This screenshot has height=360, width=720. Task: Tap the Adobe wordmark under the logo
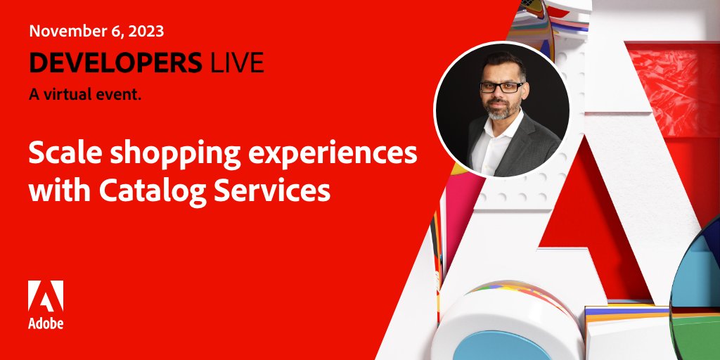tap(46, 323)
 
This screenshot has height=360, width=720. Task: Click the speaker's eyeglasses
tap(501, 87)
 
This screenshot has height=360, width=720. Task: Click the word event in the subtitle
tap(122, 95)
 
